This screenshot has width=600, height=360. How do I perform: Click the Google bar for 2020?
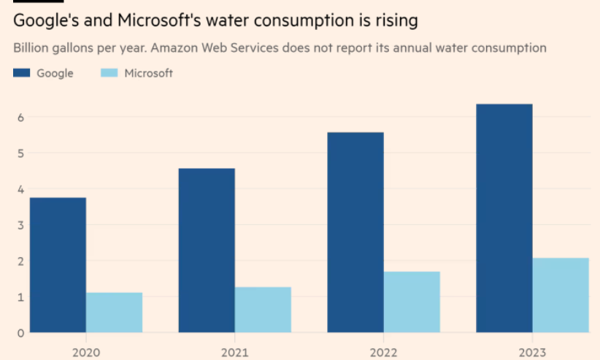pos(58,265)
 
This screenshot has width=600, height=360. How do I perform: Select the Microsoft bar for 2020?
pos(114,313)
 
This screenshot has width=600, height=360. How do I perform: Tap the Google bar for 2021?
pos(207,250)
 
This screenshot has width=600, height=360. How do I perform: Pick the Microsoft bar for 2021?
pos(263,310)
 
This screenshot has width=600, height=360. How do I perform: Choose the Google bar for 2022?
pos(355,232)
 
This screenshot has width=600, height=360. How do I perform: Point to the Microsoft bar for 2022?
pos(412,302)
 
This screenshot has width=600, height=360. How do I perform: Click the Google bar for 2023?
pos(504,218)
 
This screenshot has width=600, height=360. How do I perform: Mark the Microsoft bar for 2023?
pos(561,295)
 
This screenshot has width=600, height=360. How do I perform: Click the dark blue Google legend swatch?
pos(22,73)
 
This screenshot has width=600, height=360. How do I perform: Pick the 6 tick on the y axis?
pos(21,118)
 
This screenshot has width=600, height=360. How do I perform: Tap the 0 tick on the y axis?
pos(21,333)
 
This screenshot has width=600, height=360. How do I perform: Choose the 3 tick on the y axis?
pos(21,225)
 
